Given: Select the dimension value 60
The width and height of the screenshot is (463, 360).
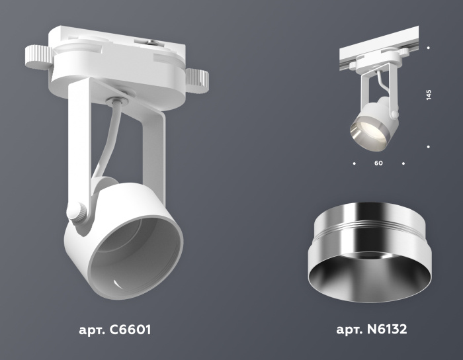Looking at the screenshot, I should [x=378, y=162].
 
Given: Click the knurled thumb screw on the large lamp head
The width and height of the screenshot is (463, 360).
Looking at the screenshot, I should [x=77, y=213].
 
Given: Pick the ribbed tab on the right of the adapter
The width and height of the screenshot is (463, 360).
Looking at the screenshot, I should [x=197, y=81].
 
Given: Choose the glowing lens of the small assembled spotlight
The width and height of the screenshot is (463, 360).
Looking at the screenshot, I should [x=365, y=129].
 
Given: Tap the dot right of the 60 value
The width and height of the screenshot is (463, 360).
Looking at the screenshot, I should [x=403, y=162].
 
